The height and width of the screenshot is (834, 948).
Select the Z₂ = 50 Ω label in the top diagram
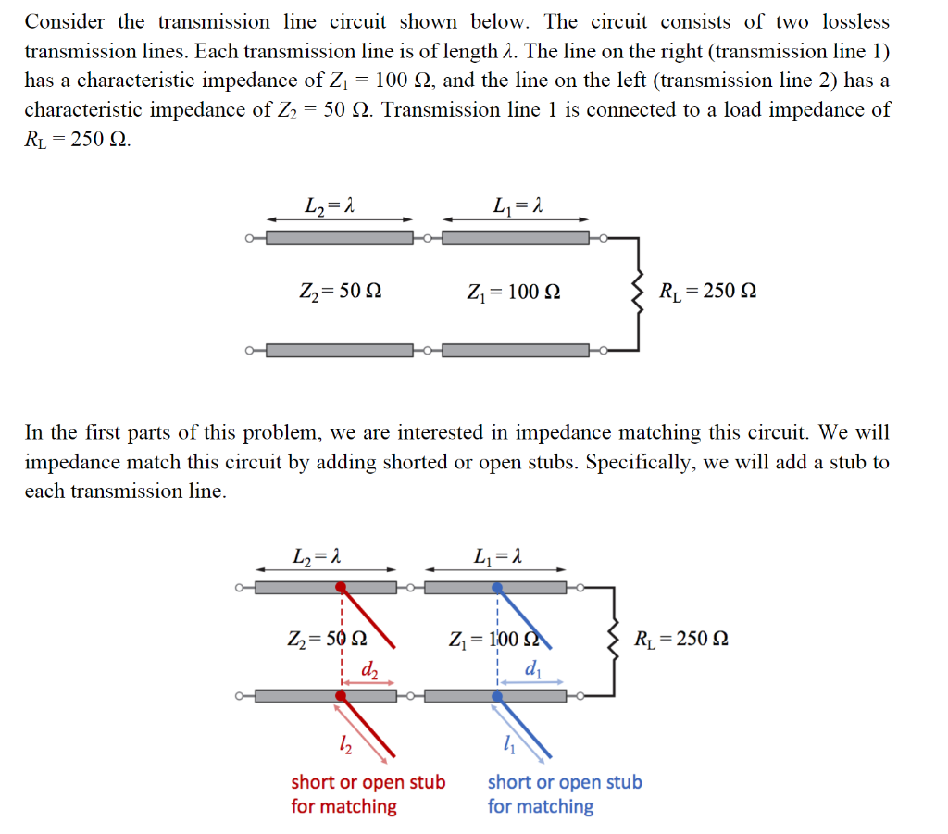click(x=340, y=292)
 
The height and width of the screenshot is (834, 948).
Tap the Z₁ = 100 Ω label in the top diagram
click(x=514, y=293)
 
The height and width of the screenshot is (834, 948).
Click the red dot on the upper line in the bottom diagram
click(x=342, y=587)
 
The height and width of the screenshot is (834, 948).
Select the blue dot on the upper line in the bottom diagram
click(x=497, y=587)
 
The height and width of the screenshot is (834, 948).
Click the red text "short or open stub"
click(x=368, y=782)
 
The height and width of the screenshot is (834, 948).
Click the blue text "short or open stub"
click(x=565, y=782)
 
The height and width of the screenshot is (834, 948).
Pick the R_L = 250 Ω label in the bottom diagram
click(x=681, y=639)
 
